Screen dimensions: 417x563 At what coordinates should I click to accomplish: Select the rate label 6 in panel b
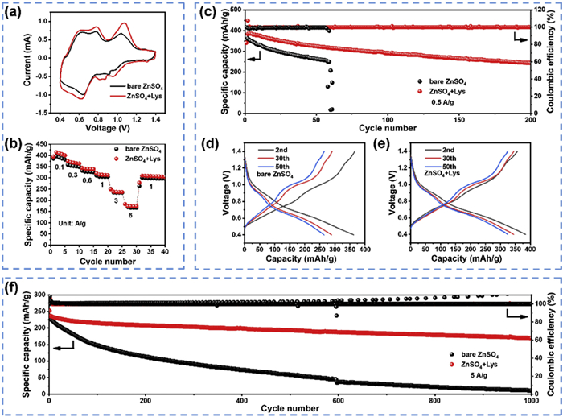click(130, 215)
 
